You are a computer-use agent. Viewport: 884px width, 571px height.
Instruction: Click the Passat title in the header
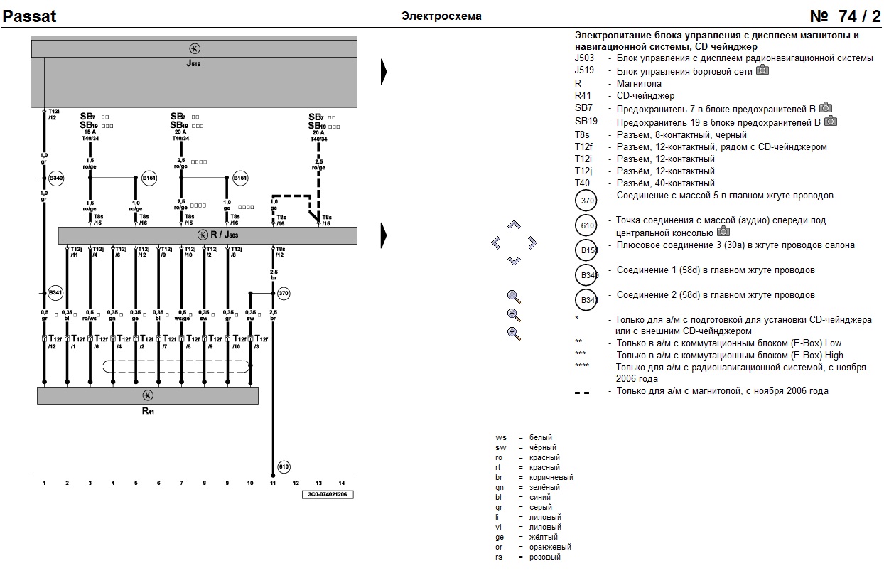click(30, 16)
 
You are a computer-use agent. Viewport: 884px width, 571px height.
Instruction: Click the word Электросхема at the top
click(441, 16)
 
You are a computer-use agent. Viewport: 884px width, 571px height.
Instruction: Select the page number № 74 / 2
click(845, 16)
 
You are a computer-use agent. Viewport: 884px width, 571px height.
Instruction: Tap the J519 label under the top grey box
click(194, 63)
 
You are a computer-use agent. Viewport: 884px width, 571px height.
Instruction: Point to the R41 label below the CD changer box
click(148, 411)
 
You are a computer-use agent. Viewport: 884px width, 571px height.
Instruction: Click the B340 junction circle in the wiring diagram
click(56, 178)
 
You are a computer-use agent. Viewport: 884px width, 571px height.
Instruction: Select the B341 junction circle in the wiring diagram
click(55, 293)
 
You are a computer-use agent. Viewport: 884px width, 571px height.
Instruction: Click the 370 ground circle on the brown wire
click(284, 293)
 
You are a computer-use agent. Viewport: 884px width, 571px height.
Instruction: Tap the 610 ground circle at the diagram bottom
click(284, 467)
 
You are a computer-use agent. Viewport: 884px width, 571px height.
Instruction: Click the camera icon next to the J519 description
click(762, 70)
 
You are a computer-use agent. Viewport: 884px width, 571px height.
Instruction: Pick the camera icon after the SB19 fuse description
click(829, 121)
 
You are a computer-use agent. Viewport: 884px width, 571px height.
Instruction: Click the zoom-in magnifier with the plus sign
click(514, 315)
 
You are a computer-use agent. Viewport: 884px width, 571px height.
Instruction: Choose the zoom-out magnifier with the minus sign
click(514, 333)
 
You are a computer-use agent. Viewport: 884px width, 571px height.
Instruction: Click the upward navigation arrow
click(514, 225)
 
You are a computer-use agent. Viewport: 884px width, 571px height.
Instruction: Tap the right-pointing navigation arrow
click(532, 243)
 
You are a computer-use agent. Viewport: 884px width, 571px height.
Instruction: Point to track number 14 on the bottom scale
click(342, 483)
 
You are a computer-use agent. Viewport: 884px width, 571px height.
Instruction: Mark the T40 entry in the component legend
click(582, 183)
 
